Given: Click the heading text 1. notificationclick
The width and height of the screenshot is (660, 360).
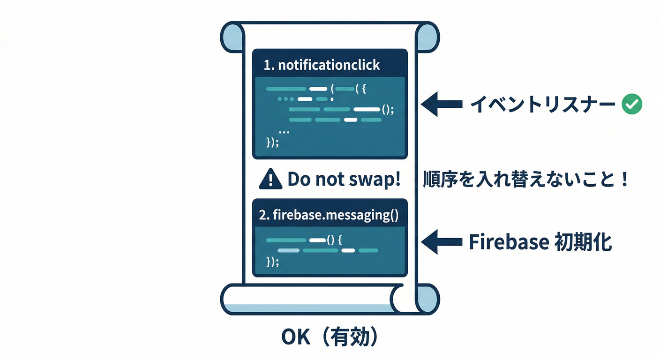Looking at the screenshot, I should point(322,65).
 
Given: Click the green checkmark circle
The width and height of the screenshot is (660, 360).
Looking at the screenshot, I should point(631,105).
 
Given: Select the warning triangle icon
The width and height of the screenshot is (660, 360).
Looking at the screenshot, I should point(270,179).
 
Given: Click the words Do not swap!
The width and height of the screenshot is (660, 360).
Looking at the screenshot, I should point(344,179).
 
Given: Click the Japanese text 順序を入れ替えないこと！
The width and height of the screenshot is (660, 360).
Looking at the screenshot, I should point(525,180).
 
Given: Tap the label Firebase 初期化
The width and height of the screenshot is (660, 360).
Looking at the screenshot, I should point(540,242).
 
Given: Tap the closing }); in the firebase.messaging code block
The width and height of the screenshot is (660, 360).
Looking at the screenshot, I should point(272,262).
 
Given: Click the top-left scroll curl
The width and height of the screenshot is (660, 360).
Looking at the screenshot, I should point(232,37).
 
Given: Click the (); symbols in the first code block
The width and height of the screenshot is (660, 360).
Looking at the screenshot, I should point(387,110).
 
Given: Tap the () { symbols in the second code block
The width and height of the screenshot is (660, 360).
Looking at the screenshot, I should point(335,240).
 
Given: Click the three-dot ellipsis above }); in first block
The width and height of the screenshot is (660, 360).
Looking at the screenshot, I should point(284,132).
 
